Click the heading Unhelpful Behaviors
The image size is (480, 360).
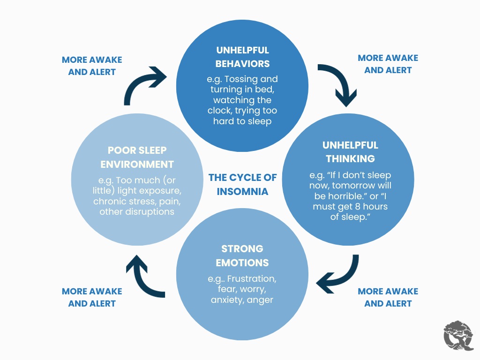coord(242,57)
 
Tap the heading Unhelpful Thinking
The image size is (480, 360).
coord(350,152)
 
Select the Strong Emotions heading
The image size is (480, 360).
coord(242,255)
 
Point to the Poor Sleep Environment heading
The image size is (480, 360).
coord(137,157)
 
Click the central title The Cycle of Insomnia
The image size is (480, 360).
coord(242,184)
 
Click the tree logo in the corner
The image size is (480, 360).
coord(458,336)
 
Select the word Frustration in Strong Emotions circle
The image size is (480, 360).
coord(252,278)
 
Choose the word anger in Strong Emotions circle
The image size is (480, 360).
coord(260,300)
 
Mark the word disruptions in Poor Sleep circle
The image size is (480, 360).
coord(150,212)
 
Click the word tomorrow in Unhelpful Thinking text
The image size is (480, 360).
coord(352,186)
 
